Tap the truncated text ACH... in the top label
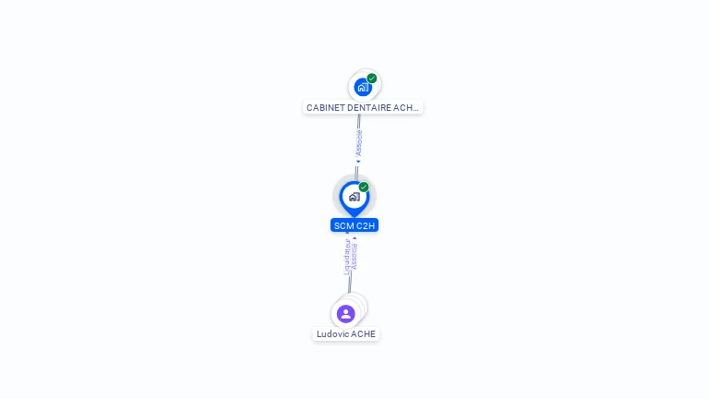pyautogui.click(x=406, y=108)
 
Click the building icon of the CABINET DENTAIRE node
pyautogui.click(x=363, y=87)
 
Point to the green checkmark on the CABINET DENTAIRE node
pyautogui.click(x=372, y=79)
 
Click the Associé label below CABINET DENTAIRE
pyautogui.click(x=359, y=142)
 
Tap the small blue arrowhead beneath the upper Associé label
pyautogui.click(x=358, y=162)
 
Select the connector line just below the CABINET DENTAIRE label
pyautogui.click(x=359, y=121)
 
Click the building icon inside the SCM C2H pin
pyautogui.click(x=354, y=197)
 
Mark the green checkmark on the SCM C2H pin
pyautogui.click(x=364, y=187)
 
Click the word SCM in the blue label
pyautogui.click(x=344, y=225)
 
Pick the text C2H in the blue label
pyautogui.click(x=367, y=225)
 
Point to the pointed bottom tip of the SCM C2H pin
pyautogui.click(x=354, y=216)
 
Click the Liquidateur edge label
pyautogui.click(x=347, y=257)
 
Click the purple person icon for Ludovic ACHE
pyautogui.click(x=346, y=314)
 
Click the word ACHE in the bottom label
pyautogui.click(x=364, y=334)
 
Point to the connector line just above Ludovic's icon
pyautogui.click(x=350, y=284)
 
